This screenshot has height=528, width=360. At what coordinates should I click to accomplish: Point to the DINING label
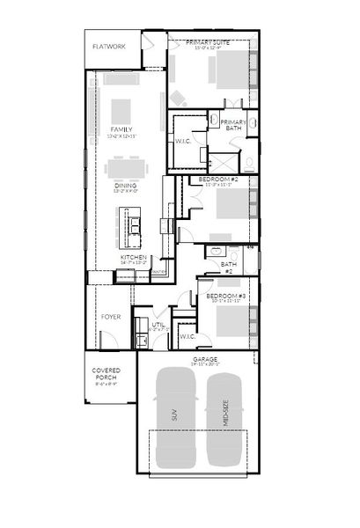click(x=124, y=186)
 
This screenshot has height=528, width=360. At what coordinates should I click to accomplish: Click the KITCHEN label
click(x=133, y=257)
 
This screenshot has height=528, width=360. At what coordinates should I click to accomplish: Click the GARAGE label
click(x=205, y=360)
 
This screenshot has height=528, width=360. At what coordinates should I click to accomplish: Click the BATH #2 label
click(x=229, y=266)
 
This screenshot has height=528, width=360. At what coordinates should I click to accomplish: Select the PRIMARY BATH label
click(x=233, y=125)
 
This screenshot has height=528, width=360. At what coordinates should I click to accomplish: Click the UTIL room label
click(x=158, y=325)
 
